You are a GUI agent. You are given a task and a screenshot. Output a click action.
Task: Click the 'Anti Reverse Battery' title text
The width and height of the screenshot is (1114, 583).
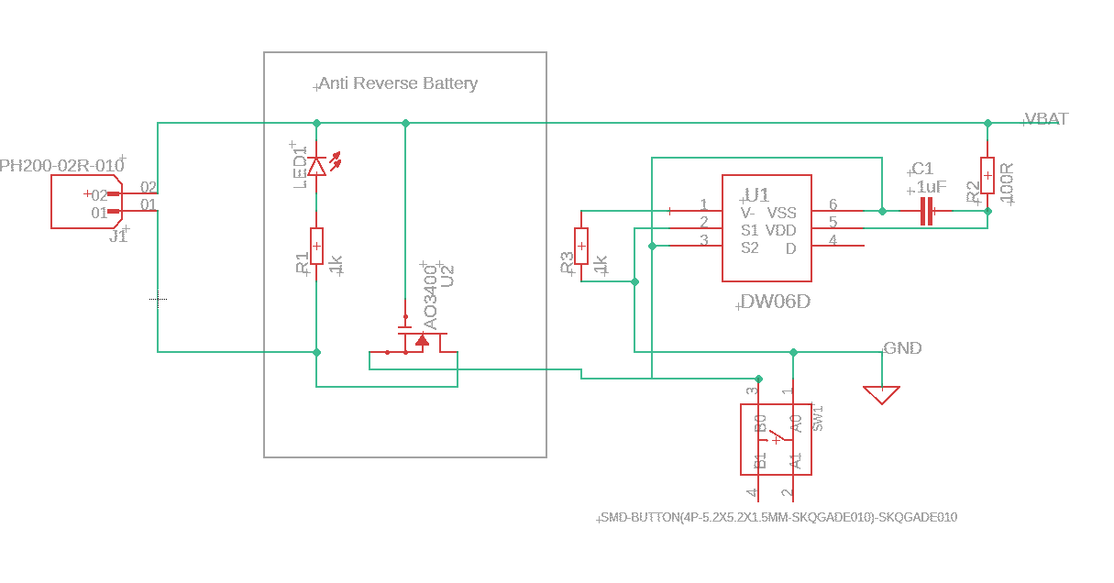point(398,83)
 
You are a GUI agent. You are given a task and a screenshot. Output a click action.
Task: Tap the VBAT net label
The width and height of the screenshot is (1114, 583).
point(1046,119)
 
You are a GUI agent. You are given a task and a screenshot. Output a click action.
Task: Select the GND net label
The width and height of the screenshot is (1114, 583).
point(903,348)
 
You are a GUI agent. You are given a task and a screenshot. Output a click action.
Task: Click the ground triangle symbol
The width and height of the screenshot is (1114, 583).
point(882,395)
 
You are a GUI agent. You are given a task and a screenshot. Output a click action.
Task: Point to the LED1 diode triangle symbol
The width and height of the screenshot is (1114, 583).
point(316,166)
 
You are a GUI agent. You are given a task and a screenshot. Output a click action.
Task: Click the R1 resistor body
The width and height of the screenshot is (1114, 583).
point(316,246)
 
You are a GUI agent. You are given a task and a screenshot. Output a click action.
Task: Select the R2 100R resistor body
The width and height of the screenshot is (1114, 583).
point(987,175)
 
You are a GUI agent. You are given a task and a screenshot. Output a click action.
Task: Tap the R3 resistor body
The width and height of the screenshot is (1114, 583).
point(581,246)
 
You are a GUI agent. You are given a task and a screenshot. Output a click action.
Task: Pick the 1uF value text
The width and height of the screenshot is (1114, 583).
point(932,187)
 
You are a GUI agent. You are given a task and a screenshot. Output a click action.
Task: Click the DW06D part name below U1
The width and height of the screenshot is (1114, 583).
point(776,302)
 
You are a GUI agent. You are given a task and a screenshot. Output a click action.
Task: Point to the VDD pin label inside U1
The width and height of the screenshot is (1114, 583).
point(781,229)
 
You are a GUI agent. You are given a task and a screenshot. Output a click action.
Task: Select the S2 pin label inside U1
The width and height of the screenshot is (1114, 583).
point(750,247)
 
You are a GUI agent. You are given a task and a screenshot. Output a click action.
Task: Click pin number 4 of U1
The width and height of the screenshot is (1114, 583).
point(833,240)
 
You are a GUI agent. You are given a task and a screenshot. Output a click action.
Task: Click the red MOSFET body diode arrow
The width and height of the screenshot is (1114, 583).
point(422,341)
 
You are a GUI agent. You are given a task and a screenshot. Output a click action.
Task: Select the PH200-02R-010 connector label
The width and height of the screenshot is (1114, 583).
point(61,166)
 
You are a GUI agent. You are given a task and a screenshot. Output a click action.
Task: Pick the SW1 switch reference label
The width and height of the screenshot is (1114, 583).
point(819,418)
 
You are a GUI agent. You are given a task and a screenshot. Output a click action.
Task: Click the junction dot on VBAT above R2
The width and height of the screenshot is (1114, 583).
point(987,123)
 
